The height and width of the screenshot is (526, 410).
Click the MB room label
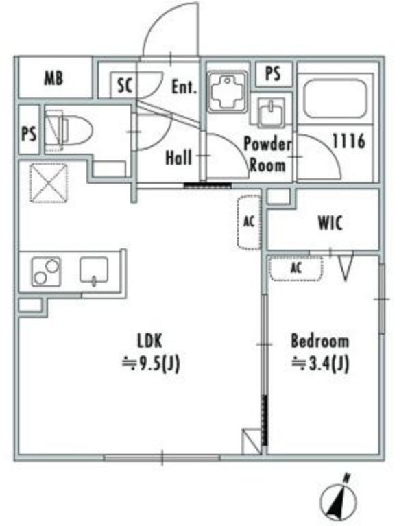click(x=53, y=78)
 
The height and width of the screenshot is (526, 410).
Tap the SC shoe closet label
click(x=125, y=85)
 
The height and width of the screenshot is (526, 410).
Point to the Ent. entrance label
click(x=184, y=87)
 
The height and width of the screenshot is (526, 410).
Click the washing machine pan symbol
click(x=228, y=92)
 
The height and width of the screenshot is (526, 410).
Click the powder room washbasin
click(x=272, y=112)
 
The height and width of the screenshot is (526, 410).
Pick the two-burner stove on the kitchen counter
click(x=46, y=272)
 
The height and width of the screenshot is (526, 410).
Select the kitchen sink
click(x=94, y=270)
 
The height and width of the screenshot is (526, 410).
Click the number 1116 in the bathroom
click(x=349, y=141)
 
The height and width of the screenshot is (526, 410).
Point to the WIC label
click(x=330, y=223)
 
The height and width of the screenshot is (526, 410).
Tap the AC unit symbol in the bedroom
click(x=296, y=268)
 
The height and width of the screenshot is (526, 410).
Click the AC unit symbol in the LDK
click(x=249, y=222)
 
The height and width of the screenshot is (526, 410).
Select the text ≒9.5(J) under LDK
click(x=151, y=363)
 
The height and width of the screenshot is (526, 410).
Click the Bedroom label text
click(x=320, y=341)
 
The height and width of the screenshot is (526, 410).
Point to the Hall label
click(x=179, y=157)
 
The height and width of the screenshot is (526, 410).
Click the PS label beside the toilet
click(x=29, y=134)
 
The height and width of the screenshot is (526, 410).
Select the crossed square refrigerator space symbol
click(x=49, y=182)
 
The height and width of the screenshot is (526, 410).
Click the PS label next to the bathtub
click(x=273, y=73)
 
